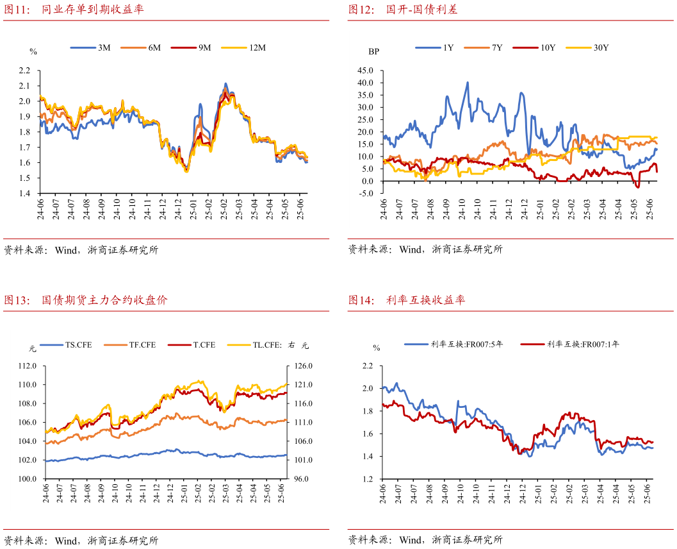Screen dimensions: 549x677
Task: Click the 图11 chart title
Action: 74,10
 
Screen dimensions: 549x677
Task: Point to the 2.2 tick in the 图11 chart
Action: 24,71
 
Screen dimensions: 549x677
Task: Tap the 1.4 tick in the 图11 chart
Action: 24,194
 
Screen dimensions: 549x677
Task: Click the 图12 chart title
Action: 403,10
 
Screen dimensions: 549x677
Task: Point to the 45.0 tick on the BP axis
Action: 365,71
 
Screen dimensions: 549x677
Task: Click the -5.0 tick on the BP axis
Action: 366,194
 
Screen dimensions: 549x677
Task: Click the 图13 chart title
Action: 85,300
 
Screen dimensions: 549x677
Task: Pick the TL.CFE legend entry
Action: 272,345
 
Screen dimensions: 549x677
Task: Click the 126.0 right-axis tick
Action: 303,366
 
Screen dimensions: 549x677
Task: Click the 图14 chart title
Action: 406,300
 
